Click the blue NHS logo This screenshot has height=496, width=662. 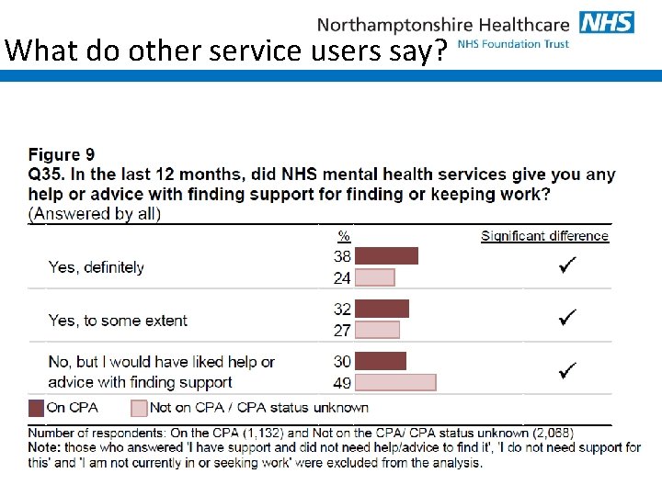click(606, 22)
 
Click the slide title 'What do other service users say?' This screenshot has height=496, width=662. click(226, 50)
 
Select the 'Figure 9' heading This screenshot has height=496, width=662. click(61, 154)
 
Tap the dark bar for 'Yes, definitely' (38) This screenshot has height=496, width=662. click(386, 256)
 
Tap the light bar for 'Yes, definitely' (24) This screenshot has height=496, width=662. click(374, 277)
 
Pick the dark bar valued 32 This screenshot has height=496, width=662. click(382, 309)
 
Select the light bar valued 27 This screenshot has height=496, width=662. click(377, 330)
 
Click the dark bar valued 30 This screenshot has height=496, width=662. click(380, 361)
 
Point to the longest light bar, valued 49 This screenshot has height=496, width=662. click(395, 382)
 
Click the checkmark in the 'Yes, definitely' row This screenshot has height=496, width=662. click(567, 266)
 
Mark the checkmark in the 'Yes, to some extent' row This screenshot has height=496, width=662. click(567, 319)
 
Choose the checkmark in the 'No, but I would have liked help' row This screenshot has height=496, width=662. click(567, 371)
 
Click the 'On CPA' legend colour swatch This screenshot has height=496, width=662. click(36, 408)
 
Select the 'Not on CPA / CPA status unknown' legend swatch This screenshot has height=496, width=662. click(139, 408)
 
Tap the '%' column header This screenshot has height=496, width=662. click(343, 236)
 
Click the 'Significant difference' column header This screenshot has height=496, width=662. click(544, 236)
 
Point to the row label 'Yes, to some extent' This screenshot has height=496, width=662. click(118, 321)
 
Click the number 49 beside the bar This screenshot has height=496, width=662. click(342, 383)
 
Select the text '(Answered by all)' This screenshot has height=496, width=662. click(95, 214)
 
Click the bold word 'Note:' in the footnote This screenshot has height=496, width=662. click(46, 447)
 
